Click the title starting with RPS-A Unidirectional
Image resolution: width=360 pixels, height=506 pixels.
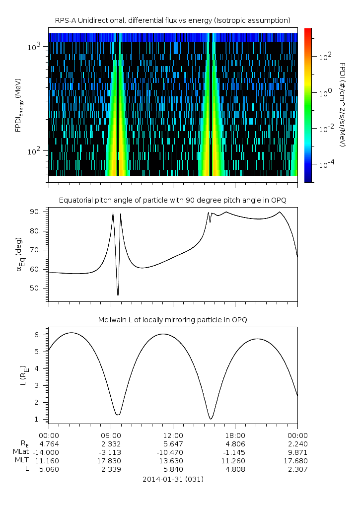tap(173, 20)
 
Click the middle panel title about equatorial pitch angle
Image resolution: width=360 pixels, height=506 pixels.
tap(173, 200)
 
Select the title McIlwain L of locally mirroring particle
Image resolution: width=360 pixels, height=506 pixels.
tap(173, 320)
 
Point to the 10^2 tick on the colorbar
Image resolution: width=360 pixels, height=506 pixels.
tap(324, 57)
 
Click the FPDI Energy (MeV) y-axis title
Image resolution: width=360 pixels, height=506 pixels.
tap(18, 105)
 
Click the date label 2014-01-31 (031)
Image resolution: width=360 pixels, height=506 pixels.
tap(173, 479)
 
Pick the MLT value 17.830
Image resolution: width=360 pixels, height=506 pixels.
tap(111, 460)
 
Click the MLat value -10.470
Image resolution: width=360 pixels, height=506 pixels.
tap(173, 451)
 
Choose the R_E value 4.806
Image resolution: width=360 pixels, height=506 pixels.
tap(235, 443)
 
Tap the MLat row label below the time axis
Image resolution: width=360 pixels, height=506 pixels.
tap(22, 451)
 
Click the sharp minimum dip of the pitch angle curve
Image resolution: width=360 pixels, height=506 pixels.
tap(118, 295)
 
